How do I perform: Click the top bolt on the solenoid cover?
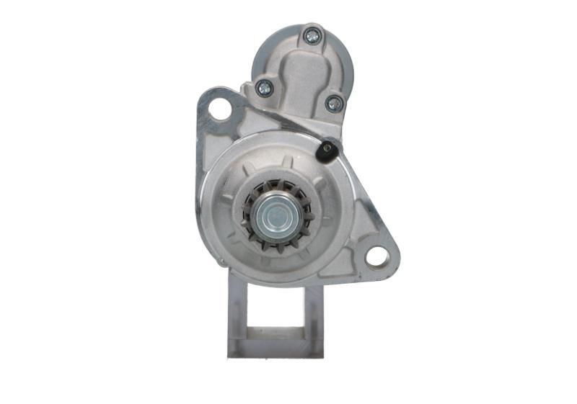(x=312, y=35)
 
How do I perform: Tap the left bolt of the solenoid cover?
(x=265, y=88)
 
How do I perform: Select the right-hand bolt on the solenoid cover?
(x=334, y=103)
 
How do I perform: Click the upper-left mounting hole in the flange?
(x=220, y=109)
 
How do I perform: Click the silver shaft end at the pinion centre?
(x=276, y=215)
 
